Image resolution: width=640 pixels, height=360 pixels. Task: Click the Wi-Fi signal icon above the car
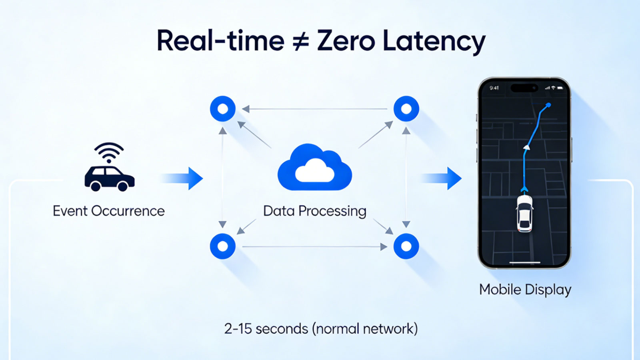(109, 152)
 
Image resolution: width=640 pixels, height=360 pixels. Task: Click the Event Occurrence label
(109, 211)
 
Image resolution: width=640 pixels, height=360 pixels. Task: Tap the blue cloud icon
(314, 168)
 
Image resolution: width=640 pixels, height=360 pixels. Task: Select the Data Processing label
(314, 212)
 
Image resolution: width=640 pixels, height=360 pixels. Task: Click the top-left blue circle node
(222, 109)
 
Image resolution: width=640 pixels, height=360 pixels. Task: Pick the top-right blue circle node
(406, 109)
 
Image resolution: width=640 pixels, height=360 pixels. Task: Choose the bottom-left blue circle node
(222, 246)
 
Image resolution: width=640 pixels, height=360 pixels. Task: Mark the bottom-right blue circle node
(406, 246)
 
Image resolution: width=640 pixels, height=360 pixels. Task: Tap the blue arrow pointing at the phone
(442, 178)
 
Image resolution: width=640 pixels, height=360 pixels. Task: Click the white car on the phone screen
(524, 214)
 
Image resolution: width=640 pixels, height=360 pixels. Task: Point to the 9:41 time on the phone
(494, 88)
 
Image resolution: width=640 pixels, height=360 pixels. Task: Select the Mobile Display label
(525, 290)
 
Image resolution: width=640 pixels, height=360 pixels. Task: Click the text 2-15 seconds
(266, 328)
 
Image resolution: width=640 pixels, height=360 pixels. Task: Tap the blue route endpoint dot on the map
(548, 105)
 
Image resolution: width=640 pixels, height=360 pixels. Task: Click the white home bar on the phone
(525, 262)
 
